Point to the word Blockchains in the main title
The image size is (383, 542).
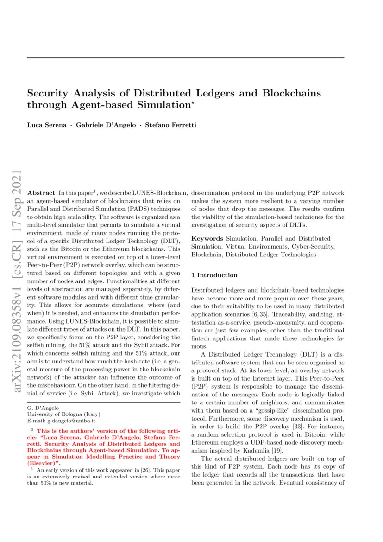291,93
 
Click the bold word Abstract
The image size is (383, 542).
41,192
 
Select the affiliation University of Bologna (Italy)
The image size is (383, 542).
63,414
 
